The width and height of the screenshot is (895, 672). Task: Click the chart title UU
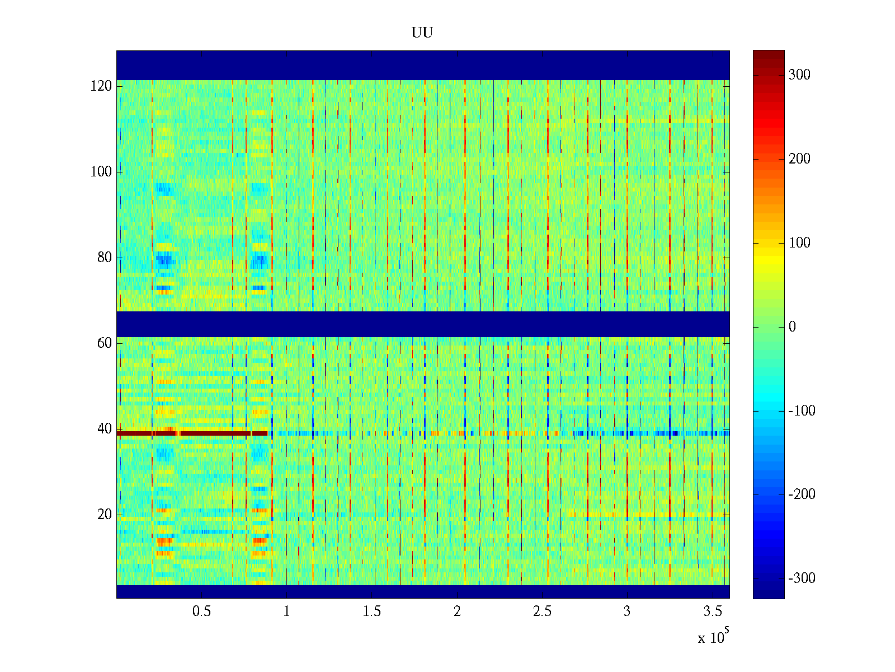point(422,33)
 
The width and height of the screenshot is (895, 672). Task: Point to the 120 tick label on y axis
point(101,86)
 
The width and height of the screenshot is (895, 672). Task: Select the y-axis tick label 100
point(101,172)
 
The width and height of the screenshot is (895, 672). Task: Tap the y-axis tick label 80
point(105,258)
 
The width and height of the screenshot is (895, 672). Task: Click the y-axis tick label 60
point(105,343)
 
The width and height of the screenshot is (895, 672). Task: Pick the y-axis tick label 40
point(105,429)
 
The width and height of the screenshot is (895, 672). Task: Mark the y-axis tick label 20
point(105,515)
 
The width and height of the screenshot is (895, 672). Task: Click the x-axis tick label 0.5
point(201,612)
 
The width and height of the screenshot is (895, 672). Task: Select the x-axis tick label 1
point(286,612)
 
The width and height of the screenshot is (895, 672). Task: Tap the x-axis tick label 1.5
point(371,612)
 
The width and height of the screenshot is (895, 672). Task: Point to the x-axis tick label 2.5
point(542,612)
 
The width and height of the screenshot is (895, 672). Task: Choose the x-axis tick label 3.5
point(713,612)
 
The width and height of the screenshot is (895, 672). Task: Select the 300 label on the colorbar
point(799,75)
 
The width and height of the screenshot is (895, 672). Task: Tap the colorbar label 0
point(792,327)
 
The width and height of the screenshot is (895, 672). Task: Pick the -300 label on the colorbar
point(802,578)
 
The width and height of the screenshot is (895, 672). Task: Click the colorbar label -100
point(802,411)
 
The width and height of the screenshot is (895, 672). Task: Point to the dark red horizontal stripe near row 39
point(190,433)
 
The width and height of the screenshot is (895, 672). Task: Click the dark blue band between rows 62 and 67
point(423,324)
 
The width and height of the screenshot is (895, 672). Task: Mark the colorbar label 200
point(799,159)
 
